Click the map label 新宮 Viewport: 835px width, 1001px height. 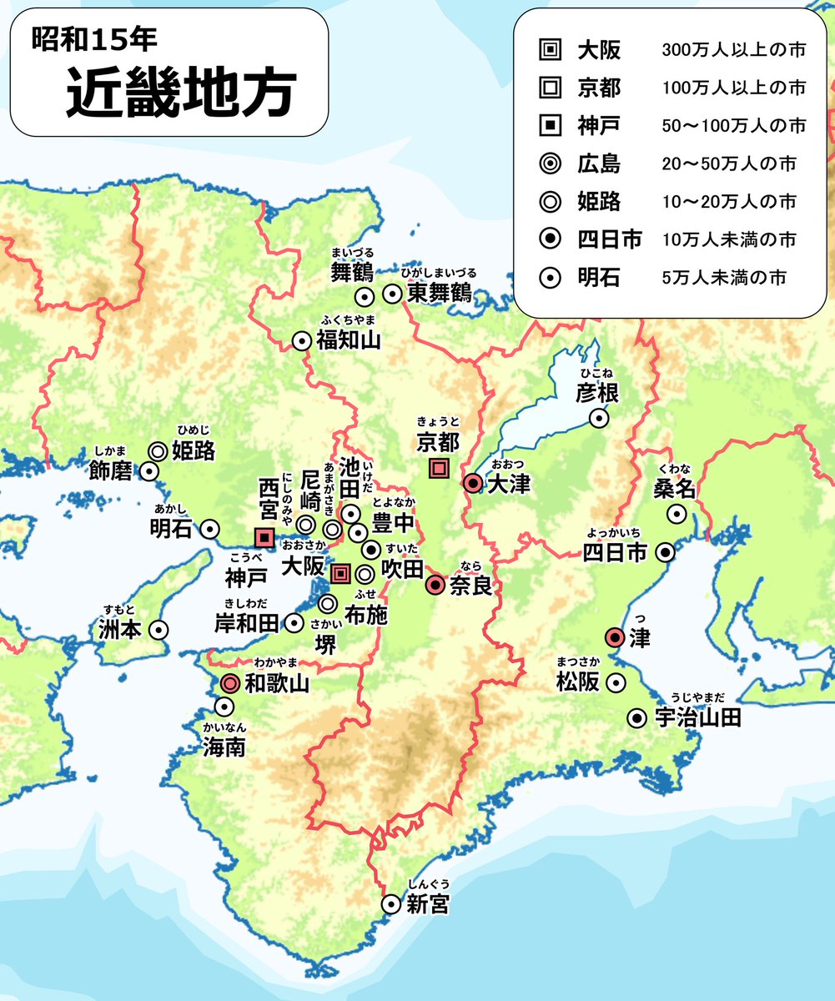click(x=428, y=903)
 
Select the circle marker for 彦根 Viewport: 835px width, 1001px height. click(x=598, y=419)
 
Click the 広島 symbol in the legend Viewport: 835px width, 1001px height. click(x=547, y=163)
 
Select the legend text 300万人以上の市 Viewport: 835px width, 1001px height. click(x=732, y=51)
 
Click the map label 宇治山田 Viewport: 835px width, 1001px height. click(x=697, y=717)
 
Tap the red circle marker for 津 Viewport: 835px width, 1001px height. click(x=614, y=639)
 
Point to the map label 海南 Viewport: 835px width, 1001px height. click(x=224, y=747)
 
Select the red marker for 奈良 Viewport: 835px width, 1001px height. click(x=435, y=586)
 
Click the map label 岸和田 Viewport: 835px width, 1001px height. click(x=246, y=622)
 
